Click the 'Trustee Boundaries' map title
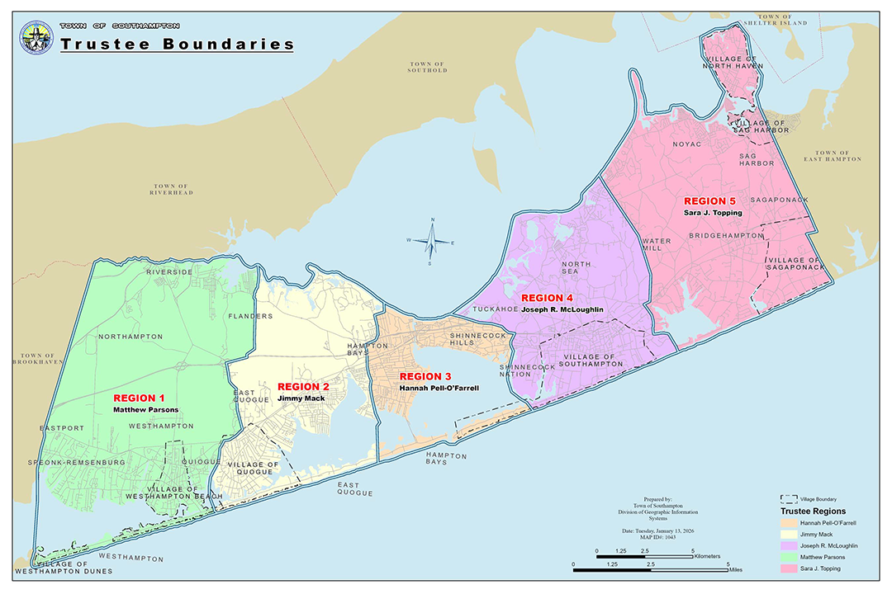point(177,44)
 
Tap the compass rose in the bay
point(429,241)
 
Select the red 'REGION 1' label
point(139,398)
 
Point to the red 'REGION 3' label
point(425,376)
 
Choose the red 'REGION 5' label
point(709,200)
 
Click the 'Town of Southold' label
point(427,67)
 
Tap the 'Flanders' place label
point(251,316)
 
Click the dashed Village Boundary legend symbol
point(789,499)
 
